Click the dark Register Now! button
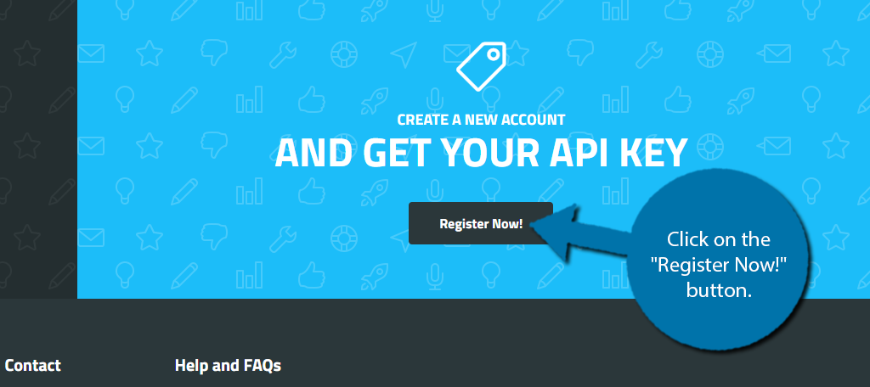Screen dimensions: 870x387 coord(481,223)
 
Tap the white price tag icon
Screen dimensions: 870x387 coord(481,66)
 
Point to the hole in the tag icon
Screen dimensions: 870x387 coord(492,54)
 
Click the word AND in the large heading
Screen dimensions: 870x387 coord(314,153)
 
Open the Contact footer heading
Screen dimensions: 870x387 coord(33,366)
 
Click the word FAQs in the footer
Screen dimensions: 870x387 coord(263,366)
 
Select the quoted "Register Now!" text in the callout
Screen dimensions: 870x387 coord(718,265)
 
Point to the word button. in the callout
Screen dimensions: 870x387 coord(719,290)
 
